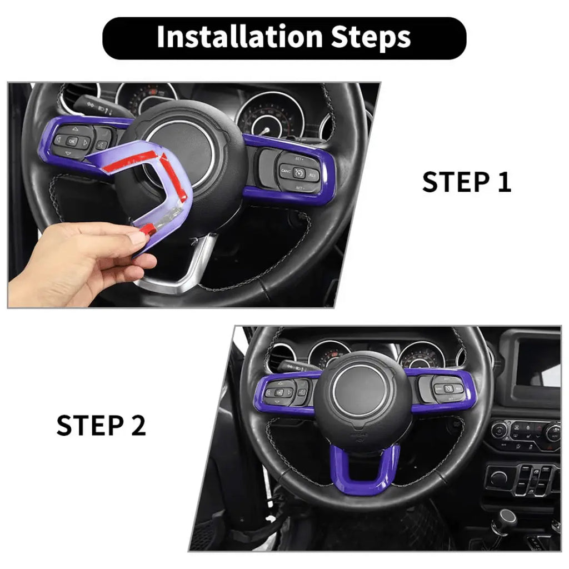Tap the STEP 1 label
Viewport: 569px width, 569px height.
pos(466,183)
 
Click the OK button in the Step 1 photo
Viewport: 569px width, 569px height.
pos(72,141)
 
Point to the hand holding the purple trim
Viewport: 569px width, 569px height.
pos(83,261)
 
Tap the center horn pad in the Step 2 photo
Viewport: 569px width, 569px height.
pos(365,395)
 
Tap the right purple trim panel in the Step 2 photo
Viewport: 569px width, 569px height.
pos(445,389)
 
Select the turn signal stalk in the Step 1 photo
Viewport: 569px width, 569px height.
pos(94,106)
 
